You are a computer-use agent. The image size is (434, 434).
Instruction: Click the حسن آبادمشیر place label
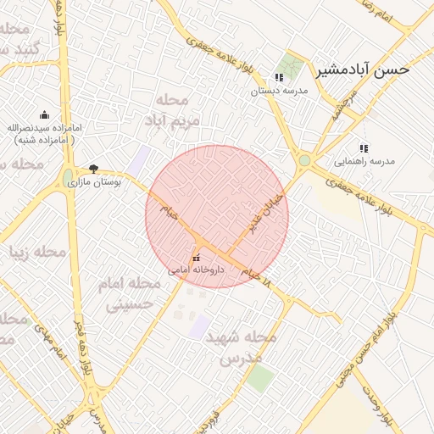tap(363, 70)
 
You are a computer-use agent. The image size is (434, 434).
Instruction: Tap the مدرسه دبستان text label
tap(279, 91)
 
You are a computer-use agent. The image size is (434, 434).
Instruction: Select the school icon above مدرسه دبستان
tap(279, 77)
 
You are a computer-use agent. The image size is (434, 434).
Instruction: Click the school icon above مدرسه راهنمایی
tap(364, 147)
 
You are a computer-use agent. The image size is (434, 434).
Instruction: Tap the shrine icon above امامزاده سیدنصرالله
tap(44, 115)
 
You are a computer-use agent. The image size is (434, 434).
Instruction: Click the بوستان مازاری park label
tap(95, 181)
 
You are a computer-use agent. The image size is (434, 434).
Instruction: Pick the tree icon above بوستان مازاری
tap(93, 169)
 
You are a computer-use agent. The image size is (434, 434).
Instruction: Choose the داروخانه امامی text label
tap(196, 270)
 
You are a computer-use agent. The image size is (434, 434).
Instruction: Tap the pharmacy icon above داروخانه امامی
tap(196, 258)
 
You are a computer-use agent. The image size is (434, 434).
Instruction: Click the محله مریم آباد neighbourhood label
tap(177, 110)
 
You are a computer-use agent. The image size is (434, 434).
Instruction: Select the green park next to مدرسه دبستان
tap(292, 64)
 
